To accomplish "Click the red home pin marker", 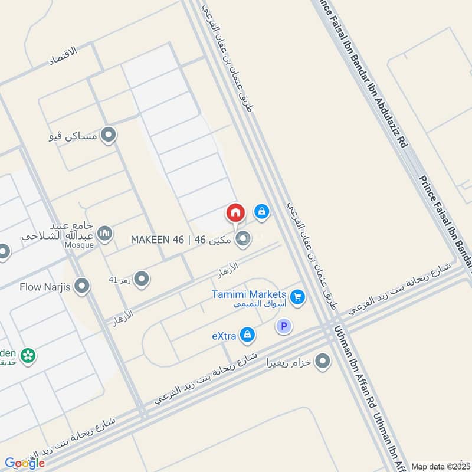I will [235, 212].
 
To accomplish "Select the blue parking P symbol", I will [284, 326].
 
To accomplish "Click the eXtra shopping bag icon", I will [248, 335].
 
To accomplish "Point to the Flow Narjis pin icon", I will [83, 287].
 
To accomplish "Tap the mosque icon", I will [105, 234].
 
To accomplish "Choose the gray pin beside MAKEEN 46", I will [242, 239].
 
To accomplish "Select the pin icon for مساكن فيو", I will [107, 136].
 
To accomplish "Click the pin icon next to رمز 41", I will [141, 279].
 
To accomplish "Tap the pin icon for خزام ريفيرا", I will [322, 361].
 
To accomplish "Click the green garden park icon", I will [27, 356].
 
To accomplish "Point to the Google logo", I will [24, 463].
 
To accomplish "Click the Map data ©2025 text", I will [440, 466].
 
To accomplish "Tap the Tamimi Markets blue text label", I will [250, 294].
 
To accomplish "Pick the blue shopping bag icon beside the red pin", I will [261, 211].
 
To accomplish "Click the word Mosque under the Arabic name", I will [80, 245].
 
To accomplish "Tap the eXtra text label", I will [224, 336].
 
